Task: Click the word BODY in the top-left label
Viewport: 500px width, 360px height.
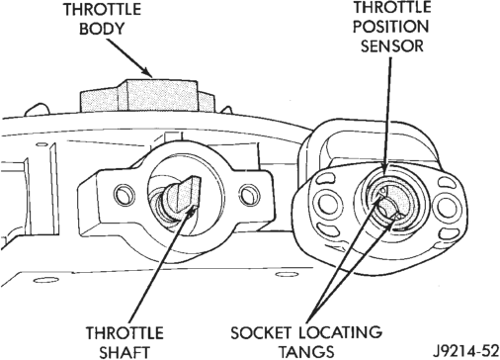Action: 102,29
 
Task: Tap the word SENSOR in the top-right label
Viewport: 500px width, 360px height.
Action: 392,45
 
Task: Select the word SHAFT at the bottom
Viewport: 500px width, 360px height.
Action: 125,352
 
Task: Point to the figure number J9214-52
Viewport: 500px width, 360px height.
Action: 466,351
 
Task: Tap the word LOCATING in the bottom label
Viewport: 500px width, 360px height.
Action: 341,332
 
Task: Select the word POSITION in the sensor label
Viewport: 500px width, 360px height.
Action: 391,27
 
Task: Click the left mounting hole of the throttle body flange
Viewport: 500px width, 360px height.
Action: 124,194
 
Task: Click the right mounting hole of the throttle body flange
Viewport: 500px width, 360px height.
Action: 249,195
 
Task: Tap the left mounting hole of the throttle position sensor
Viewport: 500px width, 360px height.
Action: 326,201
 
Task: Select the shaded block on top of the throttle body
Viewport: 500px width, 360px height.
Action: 147,95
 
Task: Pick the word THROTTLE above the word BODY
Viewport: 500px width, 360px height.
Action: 102,9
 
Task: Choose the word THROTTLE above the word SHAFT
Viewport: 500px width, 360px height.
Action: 125,333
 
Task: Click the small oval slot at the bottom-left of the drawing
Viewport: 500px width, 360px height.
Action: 46,281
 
